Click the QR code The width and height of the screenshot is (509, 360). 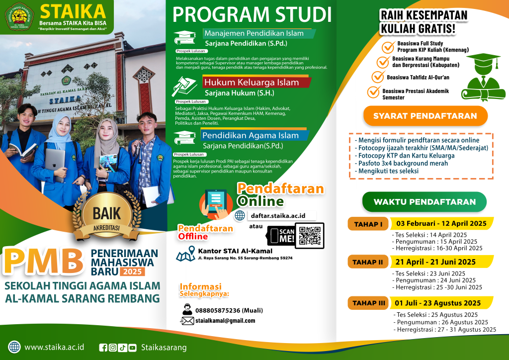pyautogui.click(x=309, y=236)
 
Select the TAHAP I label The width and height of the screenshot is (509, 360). pyautogui.click(x=368, y=224)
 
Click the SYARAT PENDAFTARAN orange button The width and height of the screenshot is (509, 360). pyautogui.click(x=425, y=116)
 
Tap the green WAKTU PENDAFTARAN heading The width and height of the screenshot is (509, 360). pyautogui.click(x=424, y=202)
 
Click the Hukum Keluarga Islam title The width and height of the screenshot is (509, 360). pyautogui.click(x=251, y=83)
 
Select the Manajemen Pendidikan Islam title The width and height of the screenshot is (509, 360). pyautogui.click(x=254, y=34)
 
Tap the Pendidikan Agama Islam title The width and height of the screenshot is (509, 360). pyautogui.click(x=250, y=135)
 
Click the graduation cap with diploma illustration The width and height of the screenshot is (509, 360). pyautogui.click(x=482, y=77)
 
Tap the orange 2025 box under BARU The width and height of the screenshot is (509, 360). pyautogui.click(x=132, y=271)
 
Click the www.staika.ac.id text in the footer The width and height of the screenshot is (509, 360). pyautogui.click(x=54, y=347)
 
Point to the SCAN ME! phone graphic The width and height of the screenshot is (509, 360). pyautogui.click(x=281, y=236)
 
